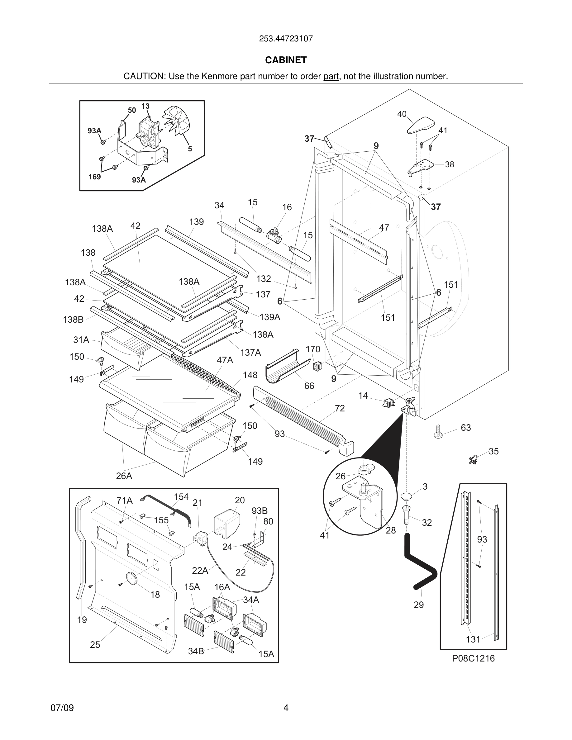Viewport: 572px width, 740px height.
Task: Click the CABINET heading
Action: tap(286, 60)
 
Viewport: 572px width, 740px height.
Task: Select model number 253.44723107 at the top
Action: tap(286, 39)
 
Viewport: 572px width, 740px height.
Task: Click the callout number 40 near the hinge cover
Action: tap(402, 114)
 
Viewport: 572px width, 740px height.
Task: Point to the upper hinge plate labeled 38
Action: tap(422, 167)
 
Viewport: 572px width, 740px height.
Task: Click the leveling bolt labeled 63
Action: tap(438, 431)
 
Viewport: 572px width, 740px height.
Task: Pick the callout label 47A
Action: tap(225, 360)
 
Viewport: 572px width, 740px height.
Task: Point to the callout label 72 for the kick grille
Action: tap(340, 408)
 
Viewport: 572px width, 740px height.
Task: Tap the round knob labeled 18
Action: tap(132, 578)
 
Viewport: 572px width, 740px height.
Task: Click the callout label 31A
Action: tap(81, 340)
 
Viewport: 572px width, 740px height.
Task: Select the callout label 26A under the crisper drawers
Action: tap(124, 476)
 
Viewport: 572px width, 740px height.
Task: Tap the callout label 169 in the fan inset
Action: tap(94, 177)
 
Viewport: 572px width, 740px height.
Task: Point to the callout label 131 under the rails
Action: tap(473, 639)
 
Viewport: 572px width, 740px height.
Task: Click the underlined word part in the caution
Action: tap(331, 77)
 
